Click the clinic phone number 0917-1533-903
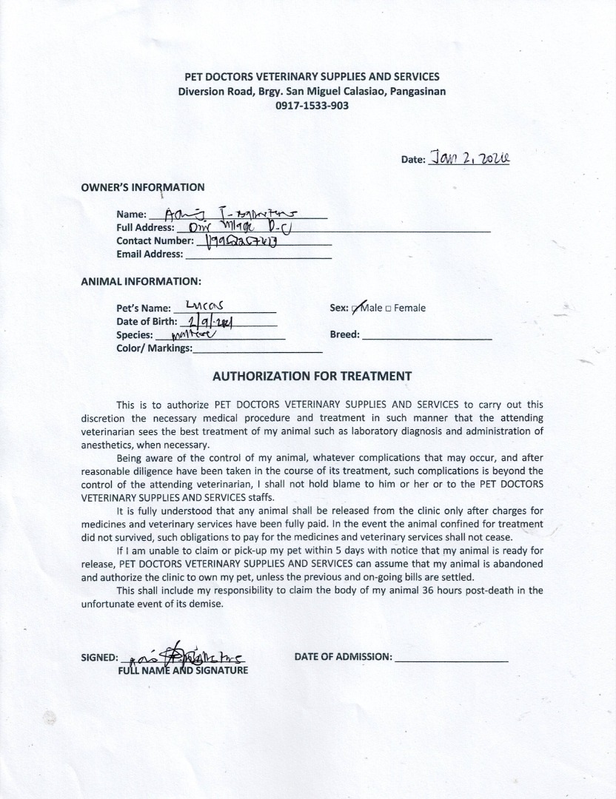point(312,106)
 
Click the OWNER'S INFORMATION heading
point(143,187)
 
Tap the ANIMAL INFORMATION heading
point(141,281)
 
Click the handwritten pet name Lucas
point(205,306)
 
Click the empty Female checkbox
point(389,309)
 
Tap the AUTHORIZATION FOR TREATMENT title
point(312,376)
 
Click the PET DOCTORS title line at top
point(312,77)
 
